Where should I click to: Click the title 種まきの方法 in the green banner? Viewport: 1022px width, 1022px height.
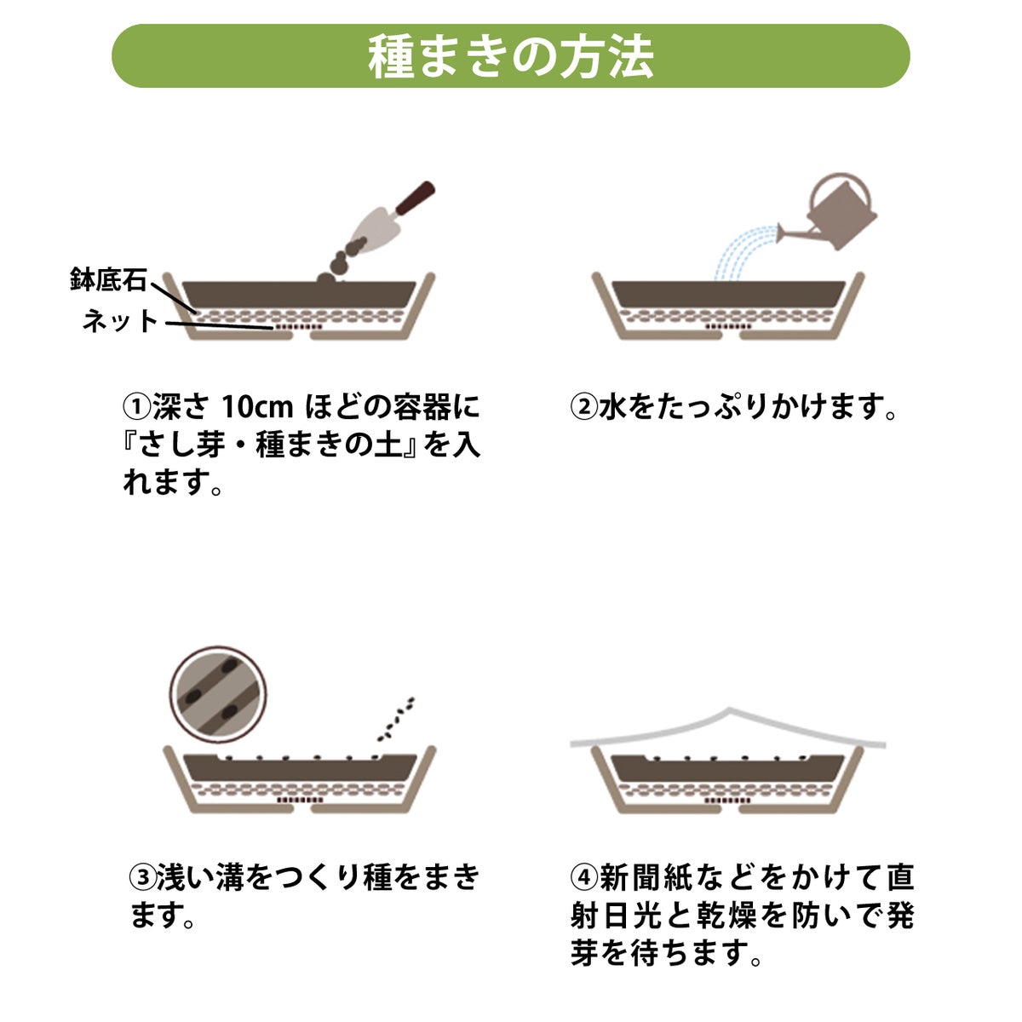(511, 57)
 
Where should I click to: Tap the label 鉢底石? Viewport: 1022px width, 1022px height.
(108, 279)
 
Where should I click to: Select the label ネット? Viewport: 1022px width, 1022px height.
(120, 321)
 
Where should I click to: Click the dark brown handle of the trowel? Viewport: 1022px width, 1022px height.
(416, 198)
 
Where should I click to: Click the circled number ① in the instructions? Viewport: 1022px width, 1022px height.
(137, 407)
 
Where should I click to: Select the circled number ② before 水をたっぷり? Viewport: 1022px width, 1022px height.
(584, 407)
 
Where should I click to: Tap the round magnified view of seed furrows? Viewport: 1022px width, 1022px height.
(218, 694)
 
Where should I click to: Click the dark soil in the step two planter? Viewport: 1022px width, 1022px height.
(728, 294)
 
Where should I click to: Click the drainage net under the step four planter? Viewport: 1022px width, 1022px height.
(727, 801)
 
